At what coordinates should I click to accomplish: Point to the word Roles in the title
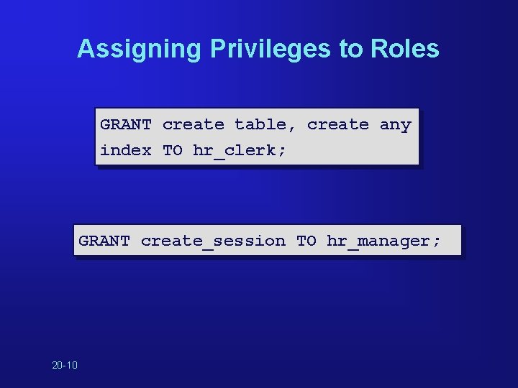coord(404,49)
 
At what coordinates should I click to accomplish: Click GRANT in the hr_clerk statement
coord(126,125)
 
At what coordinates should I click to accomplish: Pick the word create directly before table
coord(193,125)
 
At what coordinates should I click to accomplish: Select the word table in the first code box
coord(260,125)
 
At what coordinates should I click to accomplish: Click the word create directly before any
coord(337,125)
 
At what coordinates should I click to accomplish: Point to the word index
coord(126,151)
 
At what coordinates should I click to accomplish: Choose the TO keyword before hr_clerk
coord(173,151)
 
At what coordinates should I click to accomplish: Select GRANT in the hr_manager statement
coord(104,241)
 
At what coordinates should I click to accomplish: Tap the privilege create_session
coord(213,241)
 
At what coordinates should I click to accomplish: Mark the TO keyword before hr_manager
coord(306,241)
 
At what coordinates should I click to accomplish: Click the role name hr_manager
coord(378,241)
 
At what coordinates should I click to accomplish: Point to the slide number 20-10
coord(65,366)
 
